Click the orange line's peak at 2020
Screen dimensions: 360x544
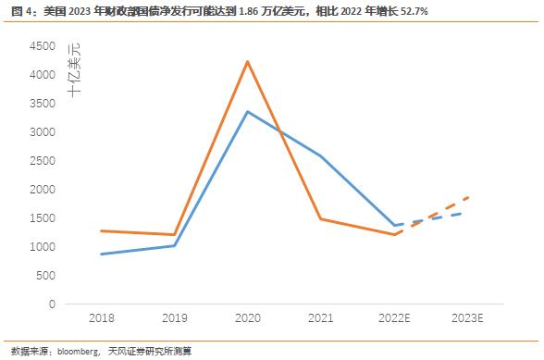click(247, 61)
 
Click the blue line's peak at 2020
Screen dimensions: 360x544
click(247, 111)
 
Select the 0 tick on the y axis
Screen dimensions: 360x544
click(54, 304)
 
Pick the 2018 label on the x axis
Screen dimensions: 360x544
click(101, 318)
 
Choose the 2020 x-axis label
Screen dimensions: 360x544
click(247, 318)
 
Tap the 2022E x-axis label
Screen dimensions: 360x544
click(394, 318)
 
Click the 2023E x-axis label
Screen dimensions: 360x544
click(467, 318)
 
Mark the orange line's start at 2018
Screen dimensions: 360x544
click(101, 230)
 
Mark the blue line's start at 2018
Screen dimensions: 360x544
click(101, 254)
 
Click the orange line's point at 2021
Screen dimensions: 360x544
click(321, 218)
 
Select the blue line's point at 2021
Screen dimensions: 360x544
click(321, 155)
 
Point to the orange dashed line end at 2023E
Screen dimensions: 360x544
click(467, 197)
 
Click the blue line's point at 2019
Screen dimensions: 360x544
click(174, 245)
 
